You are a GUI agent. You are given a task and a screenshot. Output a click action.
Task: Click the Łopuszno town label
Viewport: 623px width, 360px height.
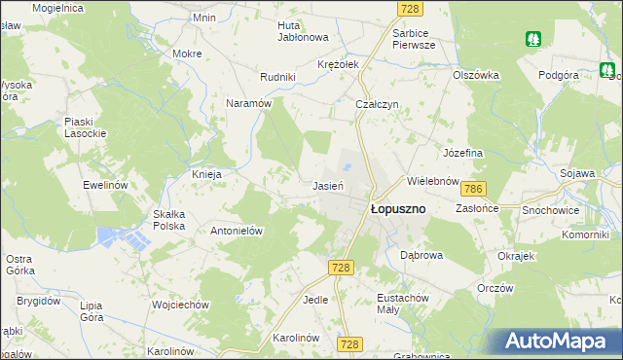pos(397,208)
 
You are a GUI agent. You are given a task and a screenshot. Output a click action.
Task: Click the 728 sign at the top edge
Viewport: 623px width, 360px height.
pos(410,8)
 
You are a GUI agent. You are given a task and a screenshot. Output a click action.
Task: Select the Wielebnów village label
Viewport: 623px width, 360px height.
pos(433,181)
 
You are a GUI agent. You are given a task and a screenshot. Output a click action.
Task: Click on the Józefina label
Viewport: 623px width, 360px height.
pos(463,153)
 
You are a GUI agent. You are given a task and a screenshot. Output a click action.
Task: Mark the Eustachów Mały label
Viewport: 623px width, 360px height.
pos(402,304)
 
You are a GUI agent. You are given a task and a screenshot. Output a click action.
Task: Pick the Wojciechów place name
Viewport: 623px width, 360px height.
pos(181,305)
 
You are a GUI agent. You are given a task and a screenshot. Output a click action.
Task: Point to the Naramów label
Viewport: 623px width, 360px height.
pos(248,102)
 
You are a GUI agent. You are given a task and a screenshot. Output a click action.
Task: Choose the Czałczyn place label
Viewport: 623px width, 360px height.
pos(378,105)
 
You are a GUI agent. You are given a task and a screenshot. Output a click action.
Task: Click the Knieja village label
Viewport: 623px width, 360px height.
pos(207,174)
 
